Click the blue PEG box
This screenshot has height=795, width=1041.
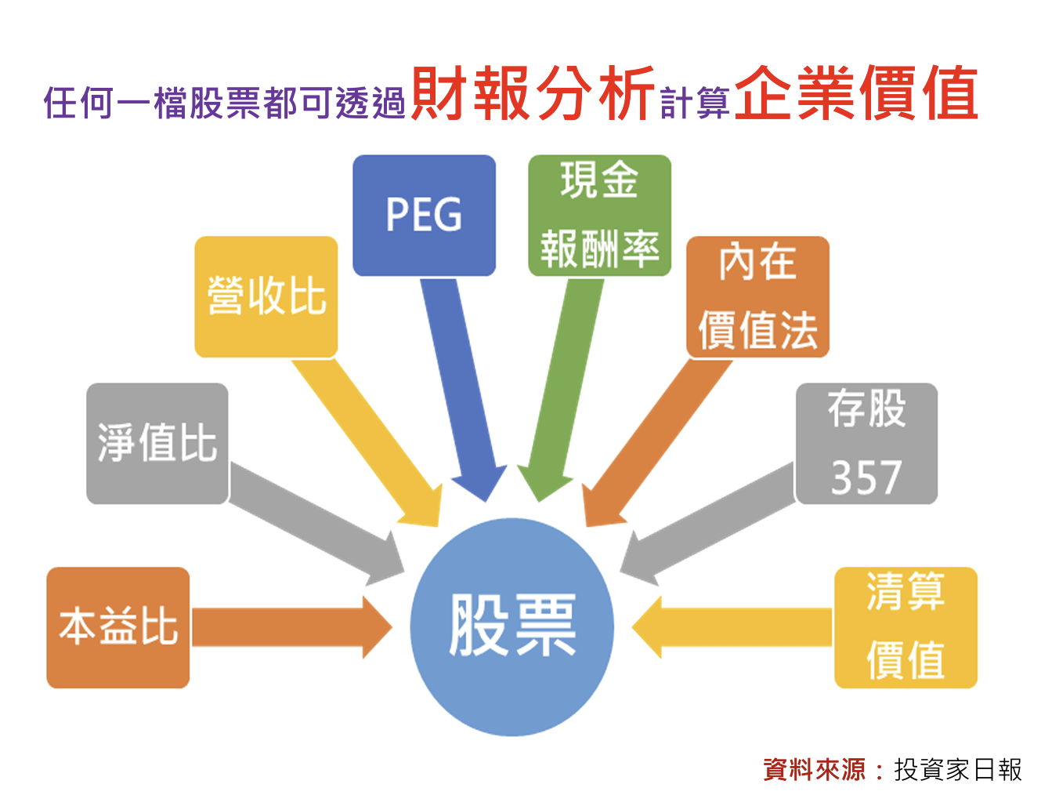click(x=424, y=215)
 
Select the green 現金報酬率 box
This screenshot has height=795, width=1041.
click(x=599, y=215)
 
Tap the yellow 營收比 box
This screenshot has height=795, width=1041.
click(x=266, y=296)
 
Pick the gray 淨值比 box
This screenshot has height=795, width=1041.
click(x=157, y=443)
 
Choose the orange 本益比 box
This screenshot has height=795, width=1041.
click(x=117, y=627)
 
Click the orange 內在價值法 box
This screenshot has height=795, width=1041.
click(x=757, y=296)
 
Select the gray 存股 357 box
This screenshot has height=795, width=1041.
click(x=866, y=443)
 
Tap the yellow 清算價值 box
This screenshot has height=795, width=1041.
click(x=905, y=627)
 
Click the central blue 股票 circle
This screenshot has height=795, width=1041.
click(x=512, y=626)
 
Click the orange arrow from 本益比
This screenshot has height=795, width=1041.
click(x=290, y=627)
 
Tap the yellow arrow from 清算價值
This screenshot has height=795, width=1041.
click(x=732, y=627)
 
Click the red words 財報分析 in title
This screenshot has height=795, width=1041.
click(x=533, y=94)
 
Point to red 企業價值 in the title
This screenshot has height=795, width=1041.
click(x=856, y=94)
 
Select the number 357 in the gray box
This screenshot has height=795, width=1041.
click(x=866, y=477)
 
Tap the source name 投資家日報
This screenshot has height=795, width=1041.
click(x=958, y=769)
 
